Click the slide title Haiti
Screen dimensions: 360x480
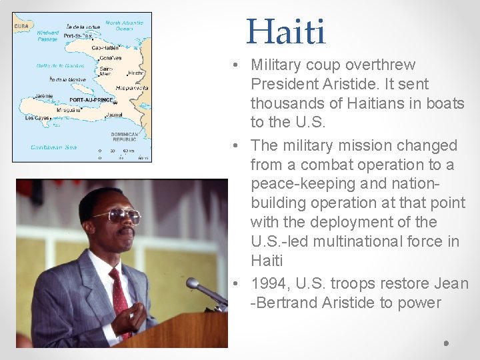pyautogui.click(x=286, y=32)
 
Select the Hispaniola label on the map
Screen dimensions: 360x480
pyautogui.click(x=131, y=87)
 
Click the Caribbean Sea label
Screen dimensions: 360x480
pyautogui.click(x=53, y=147)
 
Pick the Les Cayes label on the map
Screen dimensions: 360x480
pyautogui.click(x=37, y=118)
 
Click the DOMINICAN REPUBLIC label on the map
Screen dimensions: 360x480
pyautogui.click(x=125, y=137)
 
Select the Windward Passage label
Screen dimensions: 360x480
pyautogui.click(x=48, y=35)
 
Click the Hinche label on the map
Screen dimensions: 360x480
pyautogui.click(x=135, y=73)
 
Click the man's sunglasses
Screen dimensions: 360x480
pyautogui.click(x=119, y=215)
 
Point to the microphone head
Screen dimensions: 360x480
pyautogui.click(x=193, y=284)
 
